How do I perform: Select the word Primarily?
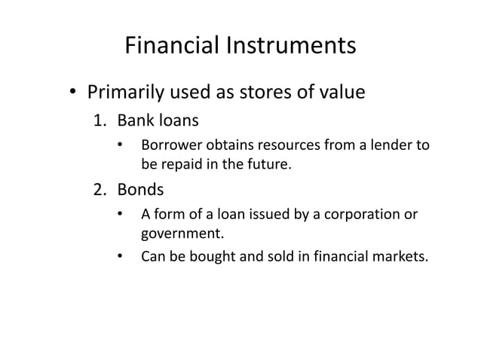point(126,93)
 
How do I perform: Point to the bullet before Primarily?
point(73,95)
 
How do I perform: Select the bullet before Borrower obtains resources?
point(120,144)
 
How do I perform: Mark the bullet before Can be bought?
point(120,257)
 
